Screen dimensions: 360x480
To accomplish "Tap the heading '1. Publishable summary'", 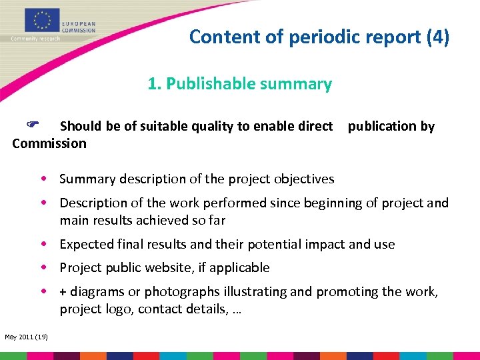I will click(x=239, y=84).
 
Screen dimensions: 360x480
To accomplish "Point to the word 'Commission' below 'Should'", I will click(x=49, y=143).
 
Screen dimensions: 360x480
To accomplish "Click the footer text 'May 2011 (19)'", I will click(x=25, y=337).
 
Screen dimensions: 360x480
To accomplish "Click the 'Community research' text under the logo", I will click(x=35, y=39).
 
